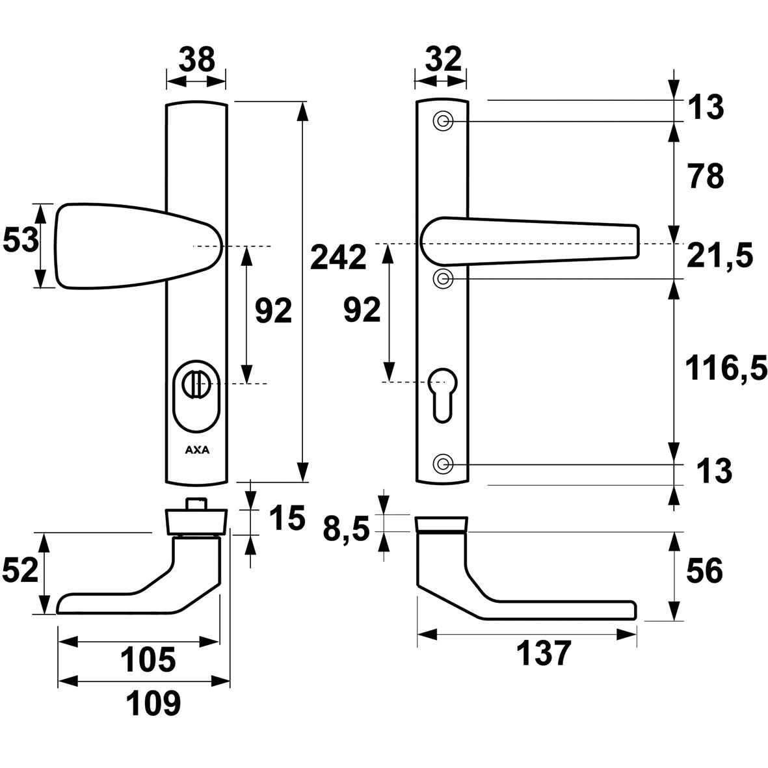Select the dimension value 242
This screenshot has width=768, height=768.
pos(338,258)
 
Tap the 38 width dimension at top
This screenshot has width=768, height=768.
pos(196,60)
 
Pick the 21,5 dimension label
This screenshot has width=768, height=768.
pos(719,257)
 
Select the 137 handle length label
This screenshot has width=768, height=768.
pos(544,654)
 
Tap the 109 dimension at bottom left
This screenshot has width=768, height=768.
pos(153,703)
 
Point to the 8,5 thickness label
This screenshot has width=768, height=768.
pos(347,530)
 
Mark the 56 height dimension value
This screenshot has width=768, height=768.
pos(704,571)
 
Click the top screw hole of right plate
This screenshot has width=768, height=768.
pos(443,122)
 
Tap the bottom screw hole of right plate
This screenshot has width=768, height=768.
pos(443,464)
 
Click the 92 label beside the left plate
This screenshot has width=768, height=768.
pos(273,313)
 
